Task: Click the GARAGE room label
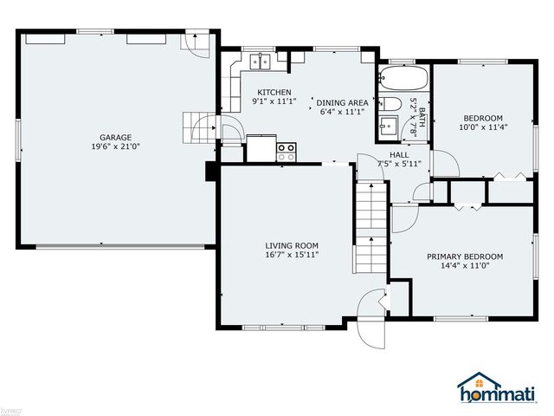pos(114,137)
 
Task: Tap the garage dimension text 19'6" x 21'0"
pos(114,146)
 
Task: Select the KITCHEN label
pos(273,92)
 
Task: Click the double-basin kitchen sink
pos(260,62)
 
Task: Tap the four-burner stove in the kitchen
pos(286,153)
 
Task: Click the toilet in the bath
pos(390,107)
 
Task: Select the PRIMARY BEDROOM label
pos(464,257)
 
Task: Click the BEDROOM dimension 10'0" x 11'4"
pos(483,128)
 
